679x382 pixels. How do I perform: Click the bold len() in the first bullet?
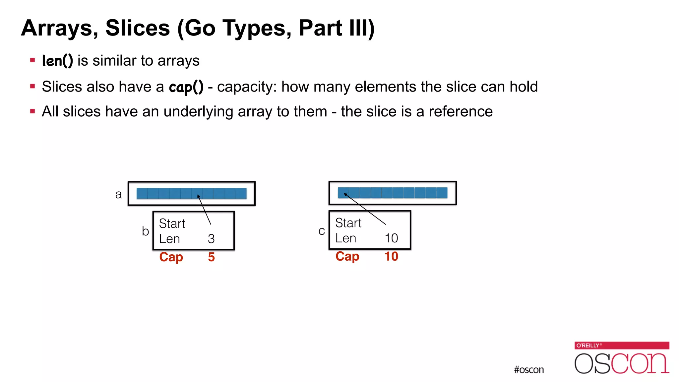coord(57,61)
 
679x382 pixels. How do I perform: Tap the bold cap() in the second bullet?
coord(186,87)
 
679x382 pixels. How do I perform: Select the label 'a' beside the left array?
coord(118,194)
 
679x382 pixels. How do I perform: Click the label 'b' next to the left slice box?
coord(145,231)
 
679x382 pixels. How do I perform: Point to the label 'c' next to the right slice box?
coord(321,231)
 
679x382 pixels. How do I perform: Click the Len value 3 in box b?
coord(211,239)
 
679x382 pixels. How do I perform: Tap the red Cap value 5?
coord(211,257)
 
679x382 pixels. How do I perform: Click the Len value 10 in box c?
coord(391,238)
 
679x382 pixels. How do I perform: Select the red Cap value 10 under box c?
coord(391,256)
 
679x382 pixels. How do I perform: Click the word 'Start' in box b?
coord(172,223)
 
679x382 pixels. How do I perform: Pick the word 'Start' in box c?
coord(348,223)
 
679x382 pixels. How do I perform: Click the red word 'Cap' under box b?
coord(171,257)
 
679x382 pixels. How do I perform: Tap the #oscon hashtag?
coord(529,370)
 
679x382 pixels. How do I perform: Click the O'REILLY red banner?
coord(622,346)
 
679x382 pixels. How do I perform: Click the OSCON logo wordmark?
coord(622,363)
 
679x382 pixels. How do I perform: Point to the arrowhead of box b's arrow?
coord(198,196)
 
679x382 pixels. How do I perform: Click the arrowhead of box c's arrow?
coord(345,194)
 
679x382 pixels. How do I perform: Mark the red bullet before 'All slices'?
coord(32,111)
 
